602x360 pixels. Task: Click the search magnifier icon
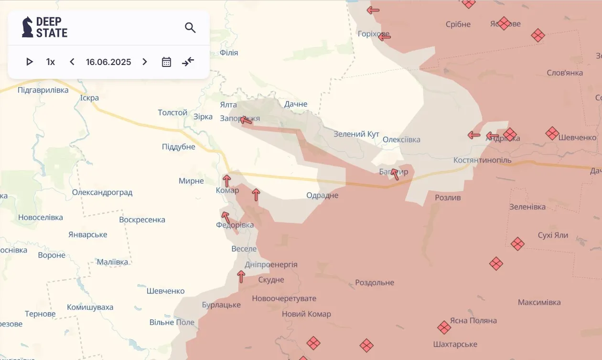coord(190,28)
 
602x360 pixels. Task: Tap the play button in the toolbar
coord(30,62)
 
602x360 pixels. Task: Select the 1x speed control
coord(50,62)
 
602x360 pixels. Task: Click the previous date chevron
coord(72,62)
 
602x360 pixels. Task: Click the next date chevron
coord(145,62)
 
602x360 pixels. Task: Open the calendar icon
coord(166,62)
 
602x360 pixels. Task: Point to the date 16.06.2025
coord(108,62)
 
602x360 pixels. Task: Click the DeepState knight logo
coord(28,27)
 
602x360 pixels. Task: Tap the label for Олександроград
coord(102,193)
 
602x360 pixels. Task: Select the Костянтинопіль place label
coord(482,160)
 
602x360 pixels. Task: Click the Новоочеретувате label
coord(284,298)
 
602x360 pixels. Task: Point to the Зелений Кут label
coord(356,134)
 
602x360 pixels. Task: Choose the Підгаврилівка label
coord(43,90)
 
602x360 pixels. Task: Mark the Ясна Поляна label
coord(473,320)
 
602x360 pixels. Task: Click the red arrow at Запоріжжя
coord(246,120)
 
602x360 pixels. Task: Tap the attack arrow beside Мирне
coord(227,181)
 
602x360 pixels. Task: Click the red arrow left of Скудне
coord(241,276)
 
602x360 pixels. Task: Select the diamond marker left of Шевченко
coord(552,133)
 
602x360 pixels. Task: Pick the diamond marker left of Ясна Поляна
coord(444,327)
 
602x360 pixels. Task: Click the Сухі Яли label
coord(553,235)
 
